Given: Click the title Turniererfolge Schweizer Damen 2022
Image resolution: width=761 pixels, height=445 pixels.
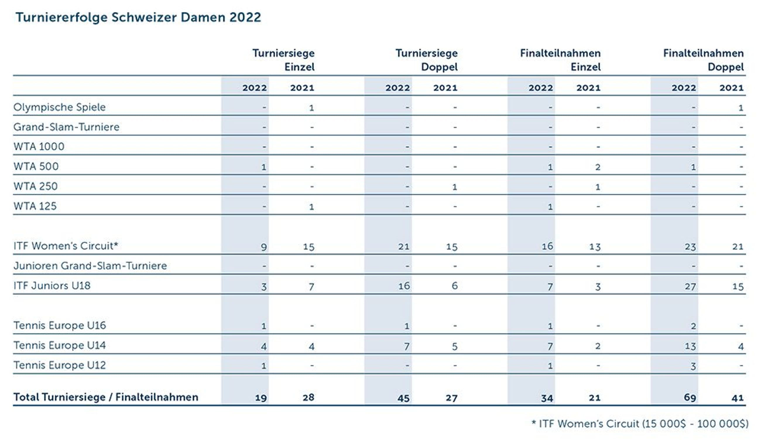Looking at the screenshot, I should (138, 18).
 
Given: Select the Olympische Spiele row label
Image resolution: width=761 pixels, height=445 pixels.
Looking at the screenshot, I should (59, 107).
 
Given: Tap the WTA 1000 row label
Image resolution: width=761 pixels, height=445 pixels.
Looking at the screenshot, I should (39, 147).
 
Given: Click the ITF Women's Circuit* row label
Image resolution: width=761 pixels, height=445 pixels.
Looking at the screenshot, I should (66, 246).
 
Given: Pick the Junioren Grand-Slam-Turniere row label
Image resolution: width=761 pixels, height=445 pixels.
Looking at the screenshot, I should (90, 266).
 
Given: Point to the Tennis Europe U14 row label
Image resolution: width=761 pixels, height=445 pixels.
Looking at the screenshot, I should (59, 345).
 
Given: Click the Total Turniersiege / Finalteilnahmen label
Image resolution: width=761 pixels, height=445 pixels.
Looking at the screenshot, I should (106, 397).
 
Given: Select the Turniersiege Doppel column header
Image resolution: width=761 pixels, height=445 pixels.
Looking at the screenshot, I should (426, 60).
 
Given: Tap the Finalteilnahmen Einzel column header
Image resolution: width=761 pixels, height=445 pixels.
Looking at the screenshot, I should (560, 60).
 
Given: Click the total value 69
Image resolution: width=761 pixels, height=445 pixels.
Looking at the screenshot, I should (690, 398).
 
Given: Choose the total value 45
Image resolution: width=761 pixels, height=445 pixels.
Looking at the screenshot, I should (403, 398).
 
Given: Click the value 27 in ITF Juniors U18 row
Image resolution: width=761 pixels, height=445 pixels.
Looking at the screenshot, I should (690, 286).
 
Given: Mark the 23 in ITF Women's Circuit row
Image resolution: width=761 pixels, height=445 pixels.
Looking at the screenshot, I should (690, 247).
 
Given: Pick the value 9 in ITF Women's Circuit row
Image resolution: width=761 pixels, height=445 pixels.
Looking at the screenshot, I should (264, 247).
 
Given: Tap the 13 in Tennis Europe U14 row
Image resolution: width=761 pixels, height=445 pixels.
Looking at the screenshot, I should (690, 346).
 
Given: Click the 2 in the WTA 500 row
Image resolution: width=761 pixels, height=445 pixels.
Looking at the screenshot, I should (598, 167).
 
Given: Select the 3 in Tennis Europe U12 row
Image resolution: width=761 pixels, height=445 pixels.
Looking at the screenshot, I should (693, 366).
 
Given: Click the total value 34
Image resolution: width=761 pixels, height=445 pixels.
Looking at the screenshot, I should (547, 398).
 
